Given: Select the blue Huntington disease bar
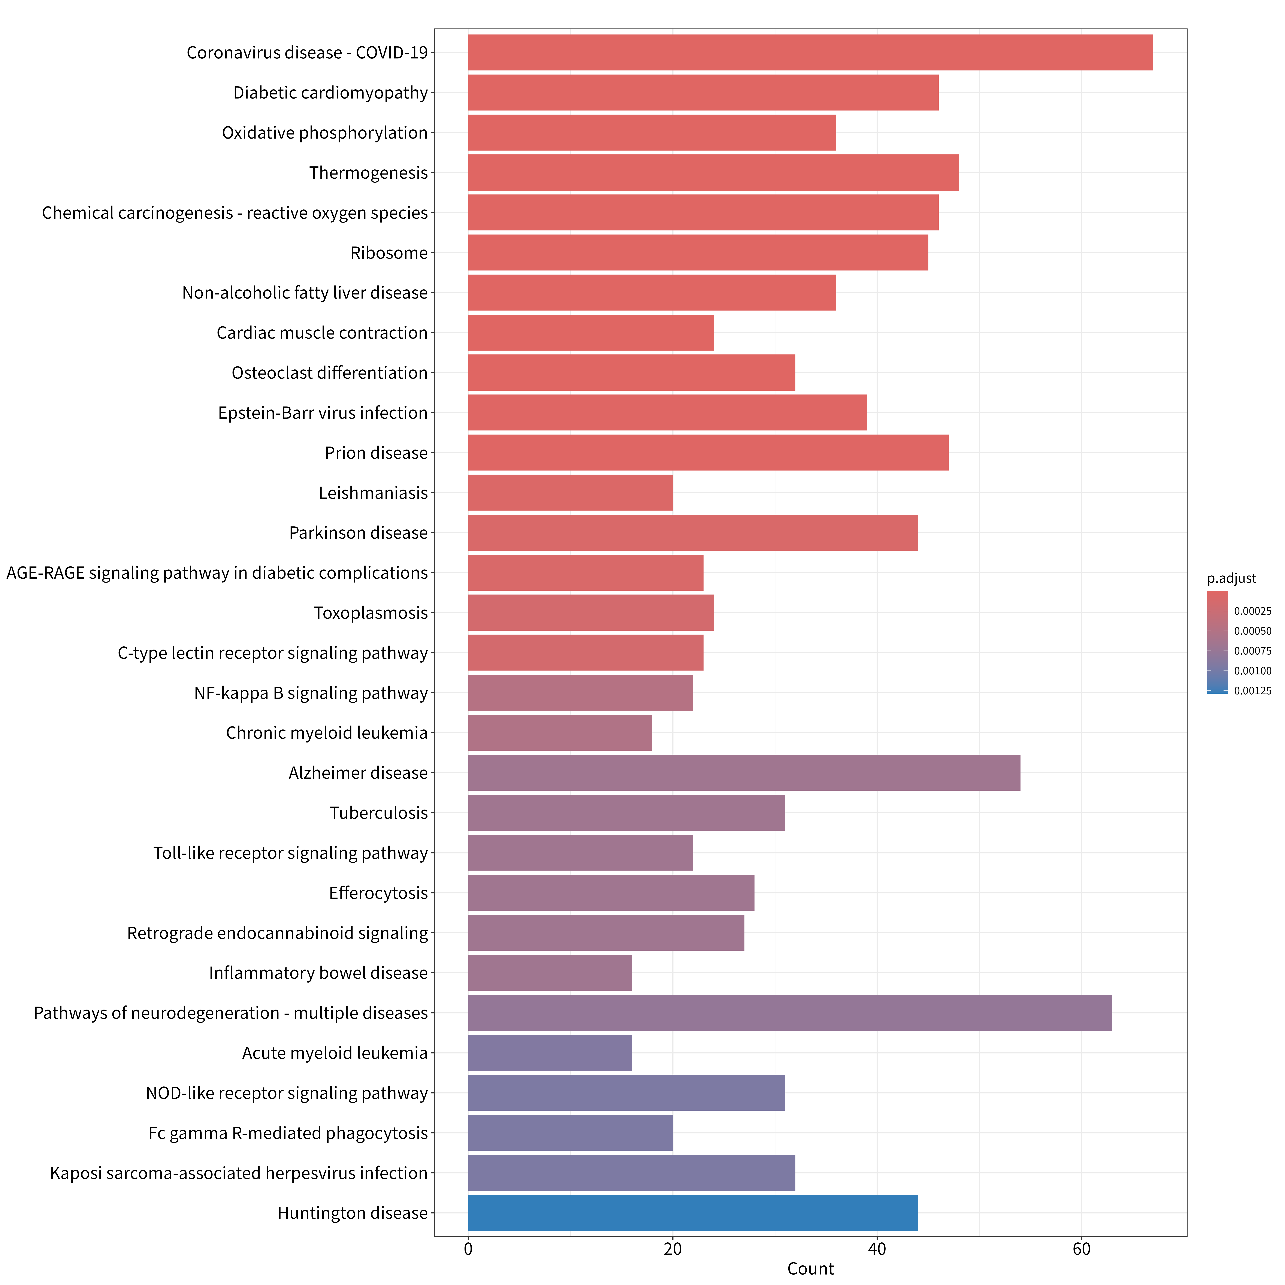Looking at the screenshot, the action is (693, 1212).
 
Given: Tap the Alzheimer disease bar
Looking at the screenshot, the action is (744, 773).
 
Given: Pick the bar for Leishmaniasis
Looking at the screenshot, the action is (571, 493).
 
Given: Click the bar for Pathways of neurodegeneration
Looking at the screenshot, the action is (790, 1013).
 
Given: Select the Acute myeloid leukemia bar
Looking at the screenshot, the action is (550, 1053).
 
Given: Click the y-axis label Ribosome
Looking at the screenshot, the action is (389, 253).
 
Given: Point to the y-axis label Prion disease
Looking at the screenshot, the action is (377, 453).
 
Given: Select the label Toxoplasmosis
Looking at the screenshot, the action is (371, 613).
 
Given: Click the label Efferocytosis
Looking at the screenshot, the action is (378, 893).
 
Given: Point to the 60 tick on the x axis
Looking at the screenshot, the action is (1082, 1249).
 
